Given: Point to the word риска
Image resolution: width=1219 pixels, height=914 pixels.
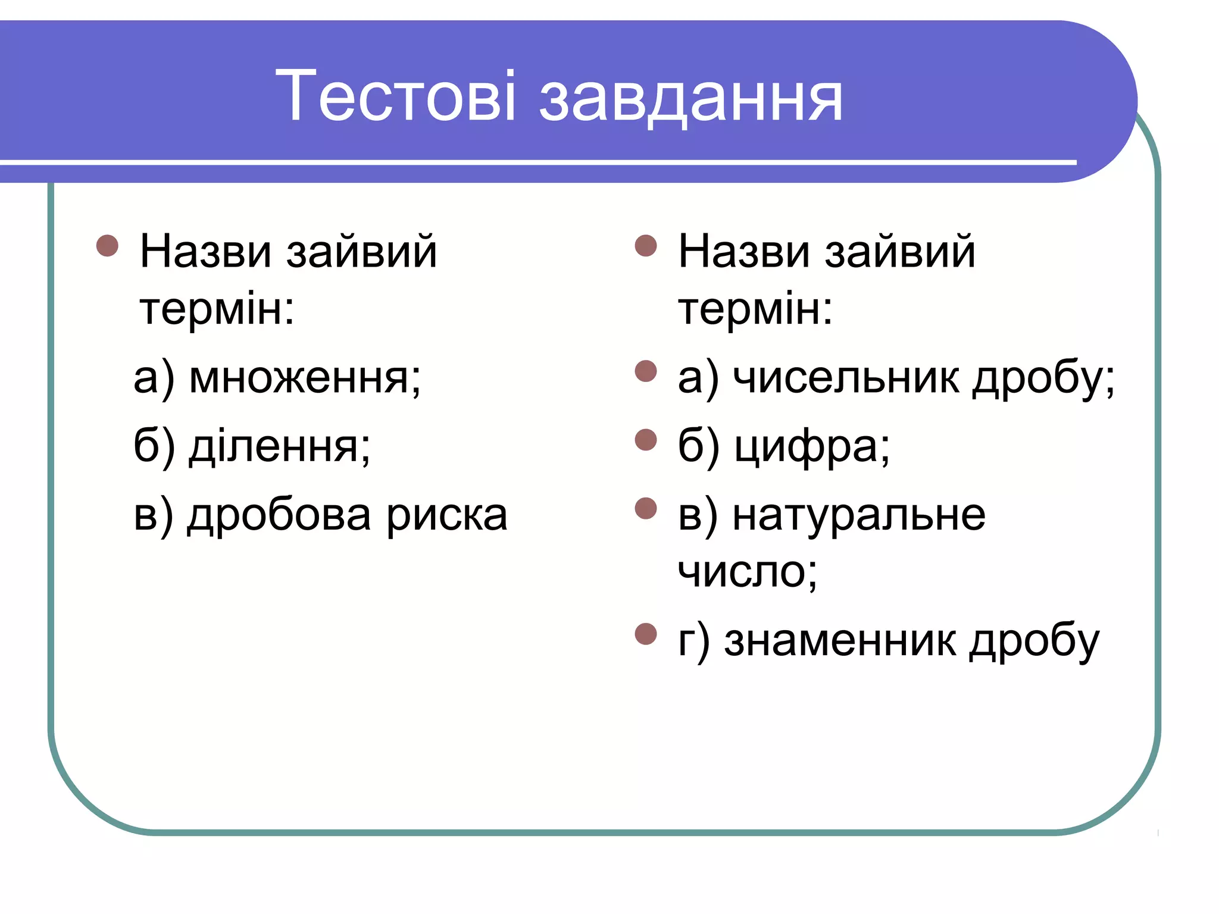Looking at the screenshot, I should [447, 515].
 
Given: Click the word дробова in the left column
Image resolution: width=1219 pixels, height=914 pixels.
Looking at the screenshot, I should [279, 515].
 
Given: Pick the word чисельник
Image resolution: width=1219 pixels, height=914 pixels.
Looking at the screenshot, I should [846, 378].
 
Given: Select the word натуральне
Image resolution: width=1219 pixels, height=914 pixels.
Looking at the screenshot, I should [859, 515].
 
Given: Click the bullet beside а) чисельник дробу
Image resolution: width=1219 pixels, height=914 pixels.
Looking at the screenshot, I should [646, 371].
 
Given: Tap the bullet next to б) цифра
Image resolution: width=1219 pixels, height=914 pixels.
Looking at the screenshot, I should [646, 440].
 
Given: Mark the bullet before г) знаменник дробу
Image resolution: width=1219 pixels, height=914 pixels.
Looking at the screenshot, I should [646, 634].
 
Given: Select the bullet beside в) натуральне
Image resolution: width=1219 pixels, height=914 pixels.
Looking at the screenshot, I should [646, 508].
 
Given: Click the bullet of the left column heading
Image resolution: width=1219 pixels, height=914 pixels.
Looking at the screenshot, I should [107, 245].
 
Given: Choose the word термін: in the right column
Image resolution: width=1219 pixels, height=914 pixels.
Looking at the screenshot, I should [755, 309].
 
